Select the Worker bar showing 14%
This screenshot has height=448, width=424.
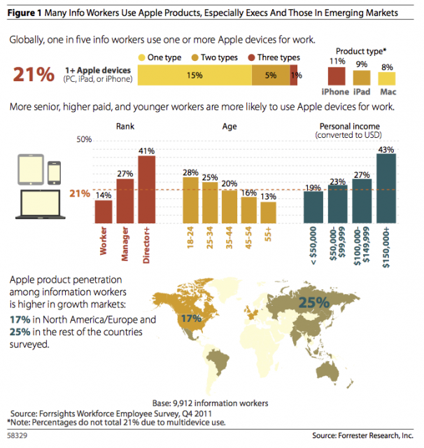click(x=104, y=211)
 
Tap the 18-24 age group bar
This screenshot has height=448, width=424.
click(x=190, y=199)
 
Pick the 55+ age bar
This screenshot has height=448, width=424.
click(x=269, y=211)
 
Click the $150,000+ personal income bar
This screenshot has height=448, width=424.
click(x=386, y=188)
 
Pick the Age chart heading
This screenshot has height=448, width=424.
click(x=229, y=127)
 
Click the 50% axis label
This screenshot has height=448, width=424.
click(x=84, y=140)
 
